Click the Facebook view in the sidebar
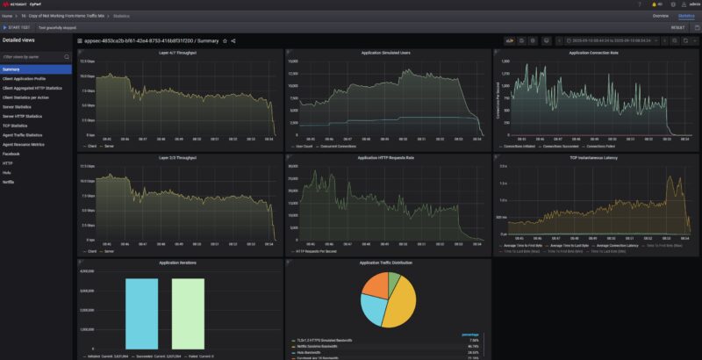click(x=11, y=154)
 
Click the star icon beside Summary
click(x=225, y=40)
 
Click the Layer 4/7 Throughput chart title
click(x=178, y=53)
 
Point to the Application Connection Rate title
click(x=594, y=53)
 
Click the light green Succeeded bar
click(x=187, y=314)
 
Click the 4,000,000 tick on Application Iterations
click(x=84, y=271)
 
